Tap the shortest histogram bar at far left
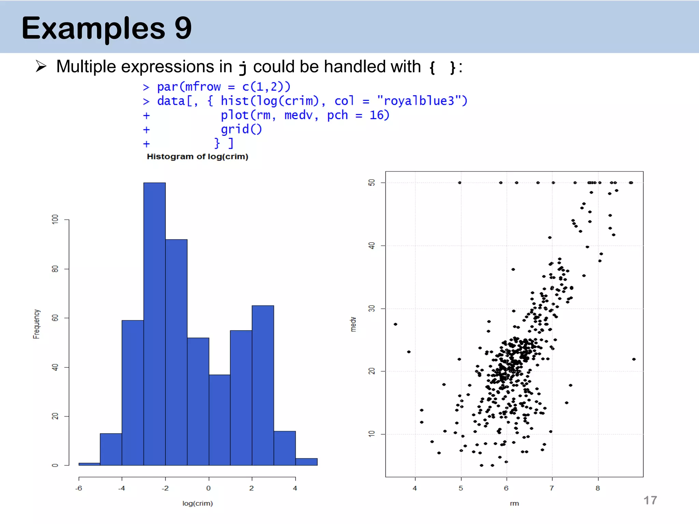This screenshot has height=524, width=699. tap(89, 464)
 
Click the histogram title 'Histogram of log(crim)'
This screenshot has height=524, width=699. tap(197, 157)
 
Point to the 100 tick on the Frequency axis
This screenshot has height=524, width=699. tap(55, 219)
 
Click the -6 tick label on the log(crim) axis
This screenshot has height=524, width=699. tap(79, 488)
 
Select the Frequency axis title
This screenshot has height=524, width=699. tap(37, 324)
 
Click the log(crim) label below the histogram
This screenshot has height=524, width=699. tap(197, 503)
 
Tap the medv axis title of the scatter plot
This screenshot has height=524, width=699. tap(353, 324)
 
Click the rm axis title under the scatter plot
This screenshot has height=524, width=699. tap(514, 504)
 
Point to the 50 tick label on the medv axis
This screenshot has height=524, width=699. tap(372, 183)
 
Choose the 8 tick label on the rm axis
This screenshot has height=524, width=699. tap(598, 488)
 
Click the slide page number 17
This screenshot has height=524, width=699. tap(650, 500)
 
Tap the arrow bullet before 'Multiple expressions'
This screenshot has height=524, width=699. tap(41, 66)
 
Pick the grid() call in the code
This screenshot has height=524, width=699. tap(241, 129)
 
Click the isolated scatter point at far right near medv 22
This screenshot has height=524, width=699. tap(634, 359)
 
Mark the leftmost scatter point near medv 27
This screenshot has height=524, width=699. tap(395, 324)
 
